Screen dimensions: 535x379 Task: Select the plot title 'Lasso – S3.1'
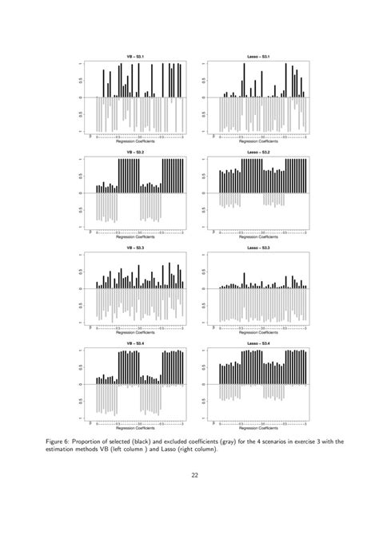coord(259,56)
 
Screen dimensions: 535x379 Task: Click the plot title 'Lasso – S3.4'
coord(259,343)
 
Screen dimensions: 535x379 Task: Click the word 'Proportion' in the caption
coord(120,439)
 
